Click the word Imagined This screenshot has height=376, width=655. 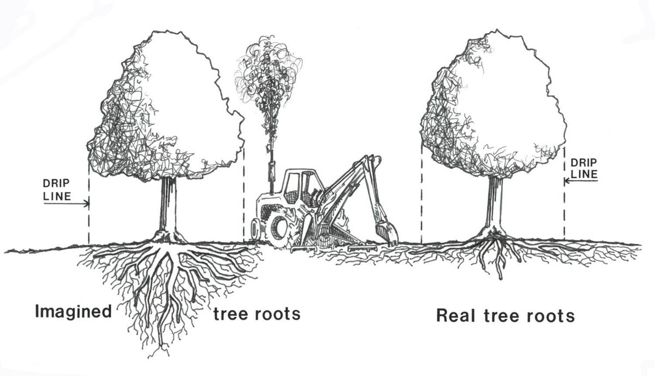pyautogui.click(x=73, y=312)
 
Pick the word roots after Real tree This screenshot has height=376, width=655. pyautogui.click(x=552, y=316)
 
